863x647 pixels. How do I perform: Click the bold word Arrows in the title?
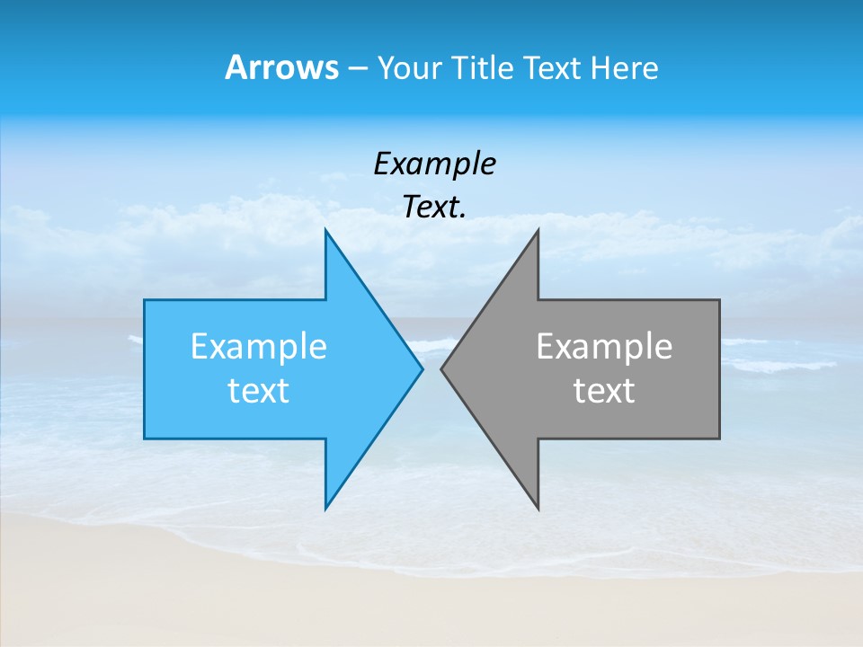[281, 67]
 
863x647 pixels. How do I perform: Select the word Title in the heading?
[481, 68]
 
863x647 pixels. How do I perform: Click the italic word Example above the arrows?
[434, 164]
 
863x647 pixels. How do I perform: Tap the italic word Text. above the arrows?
[434, 208]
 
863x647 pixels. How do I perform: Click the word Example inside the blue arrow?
[259, 347]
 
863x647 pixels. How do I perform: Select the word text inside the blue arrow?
[259, 391]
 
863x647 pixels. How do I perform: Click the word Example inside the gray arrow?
[604, 347]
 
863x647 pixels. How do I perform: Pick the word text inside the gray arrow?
[604, 391]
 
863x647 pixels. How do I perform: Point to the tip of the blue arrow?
[422, 368]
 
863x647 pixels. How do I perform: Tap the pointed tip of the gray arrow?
[441, 368]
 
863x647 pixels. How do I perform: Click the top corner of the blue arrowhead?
[326, 230]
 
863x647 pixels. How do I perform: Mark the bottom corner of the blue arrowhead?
[326, 509]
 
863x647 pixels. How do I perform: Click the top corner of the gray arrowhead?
[538, 230]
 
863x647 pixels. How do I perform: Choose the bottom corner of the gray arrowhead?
[538, 509]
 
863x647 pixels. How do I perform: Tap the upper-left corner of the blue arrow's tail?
[145, 300]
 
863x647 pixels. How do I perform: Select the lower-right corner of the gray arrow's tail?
[719, 438]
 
